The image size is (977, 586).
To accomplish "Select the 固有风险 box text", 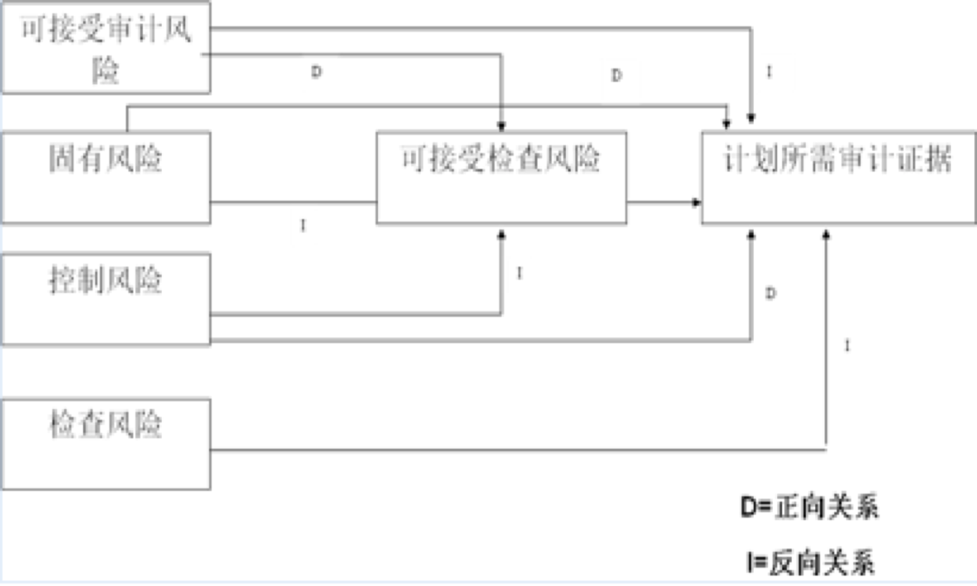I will [106, 159].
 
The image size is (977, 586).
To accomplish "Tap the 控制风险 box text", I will [106, 280].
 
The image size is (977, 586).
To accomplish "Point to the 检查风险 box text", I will [106, 424].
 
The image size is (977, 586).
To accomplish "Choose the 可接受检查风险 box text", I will [501, 159].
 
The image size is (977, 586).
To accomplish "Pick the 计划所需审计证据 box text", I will [837, 159].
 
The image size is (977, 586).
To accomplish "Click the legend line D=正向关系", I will [810, 507].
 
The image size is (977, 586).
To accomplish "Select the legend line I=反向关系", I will [810, 562].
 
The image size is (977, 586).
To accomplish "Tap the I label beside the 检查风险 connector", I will [847, 346].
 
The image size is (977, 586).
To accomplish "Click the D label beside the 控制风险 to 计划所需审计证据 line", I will [770, 294].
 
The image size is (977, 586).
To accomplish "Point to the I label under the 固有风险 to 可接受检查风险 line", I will [303, 225].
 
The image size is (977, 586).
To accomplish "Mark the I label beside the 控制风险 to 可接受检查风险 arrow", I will [520, 273].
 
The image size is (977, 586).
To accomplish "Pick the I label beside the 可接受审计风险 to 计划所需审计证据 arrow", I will [769, 72].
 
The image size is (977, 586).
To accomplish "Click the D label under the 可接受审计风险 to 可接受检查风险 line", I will [316, 72].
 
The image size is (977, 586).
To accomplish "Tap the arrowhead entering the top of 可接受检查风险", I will [501, 126].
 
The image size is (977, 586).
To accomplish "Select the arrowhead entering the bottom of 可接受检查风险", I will [501, 235].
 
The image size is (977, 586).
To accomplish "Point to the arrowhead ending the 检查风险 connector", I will [826, 235].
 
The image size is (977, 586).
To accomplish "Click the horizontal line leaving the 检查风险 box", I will [508, 450].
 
